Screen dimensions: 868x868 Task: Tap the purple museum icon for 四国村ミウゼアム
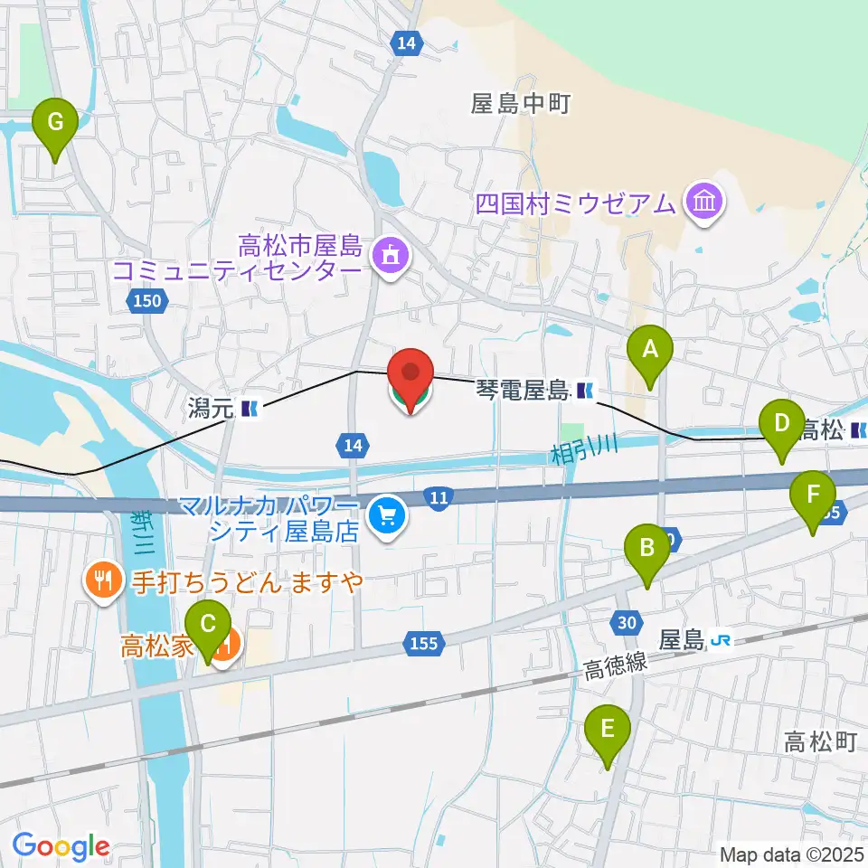pos(703,202)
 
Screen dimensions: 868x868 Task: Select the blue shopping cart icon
pos(389,516)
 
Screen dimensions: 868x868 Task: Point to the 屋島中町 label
pos(520,105)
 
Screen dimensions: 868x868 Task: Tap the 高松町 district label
pos(820,742)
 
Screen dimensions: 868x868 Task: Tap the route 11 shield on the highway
pos(439,497)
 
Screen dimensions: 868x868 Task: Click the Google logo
pos(61,847)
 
